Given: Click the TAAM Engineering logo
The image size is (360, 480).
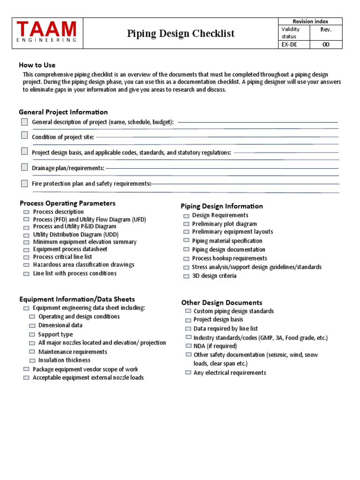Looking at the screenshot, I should click(46, 32).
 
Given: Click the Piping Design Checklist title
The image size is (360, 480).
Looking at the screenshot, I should click(180, 33).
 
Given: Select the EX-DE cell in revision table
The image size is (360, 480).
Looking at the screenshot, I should click(289, 45).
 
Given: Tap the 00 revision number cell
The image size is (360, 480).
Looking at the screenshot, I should click(325, 45).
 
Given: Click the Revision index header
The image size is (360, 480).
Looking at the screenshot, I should click(310, 22).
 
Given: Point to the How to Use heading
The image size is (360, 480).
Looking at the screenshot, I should click(37, 65).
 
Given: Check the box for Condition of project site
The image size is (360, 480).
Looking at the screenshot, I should click(24, 135).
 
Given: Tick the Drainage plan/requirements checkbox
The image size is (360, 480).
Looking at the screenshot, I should click(24, 167).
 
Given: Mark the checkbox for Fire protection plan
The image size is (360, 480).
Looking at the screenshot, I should click(24, 183).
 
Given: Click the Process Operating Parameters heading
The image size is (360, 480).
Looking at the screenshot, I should click(67, 203).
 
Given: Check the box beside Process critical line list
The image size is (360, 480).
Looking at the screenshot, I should click(26, 257).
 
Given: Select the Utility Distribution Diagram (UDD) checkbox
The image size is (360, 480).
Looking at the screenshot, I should click(26, 235).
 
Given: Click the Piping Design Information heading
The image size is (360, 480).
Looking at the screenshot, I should click(222, 206).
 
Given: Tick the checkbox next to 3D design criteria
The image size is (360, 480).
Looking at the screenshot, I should click(186, 276).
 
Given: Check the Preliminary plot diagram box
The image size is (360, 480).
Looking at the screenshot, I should click(186, 224).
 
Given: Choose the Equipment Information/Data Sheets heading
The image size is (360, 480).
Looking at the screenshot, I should click(77, 299).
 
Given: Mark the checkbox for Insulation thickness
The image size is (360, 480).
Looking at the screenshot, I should click(32, 360).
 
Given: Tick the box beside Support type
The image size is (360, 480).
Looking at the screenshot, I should click(32, 335).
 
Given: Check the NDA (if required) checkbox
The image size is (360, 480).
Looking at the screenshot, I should click(188, 346).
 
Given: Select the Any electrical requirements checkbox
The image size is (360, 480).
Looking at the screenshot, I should click(188, 373).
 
